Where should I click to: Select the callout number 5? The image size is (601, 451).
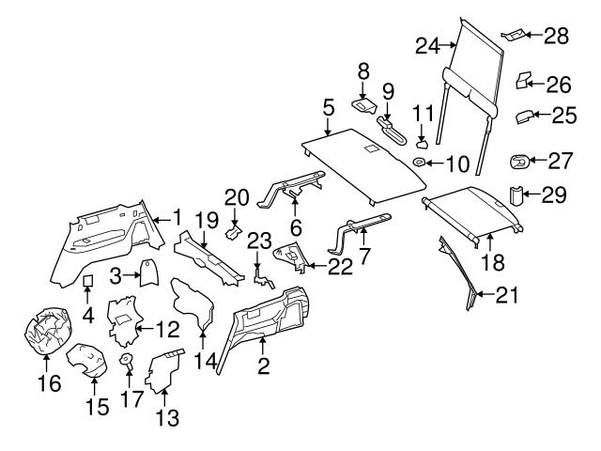329,108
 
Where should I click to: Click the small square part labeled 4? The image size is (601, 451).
87,280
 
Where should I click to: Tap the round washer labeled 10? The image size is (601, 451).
419,163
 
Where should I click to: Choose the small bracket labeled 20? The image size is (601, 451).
235,231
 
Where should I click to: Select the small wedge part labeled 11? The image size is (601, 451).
422,144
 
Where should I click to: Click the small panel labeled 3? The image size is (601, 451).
147,273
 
